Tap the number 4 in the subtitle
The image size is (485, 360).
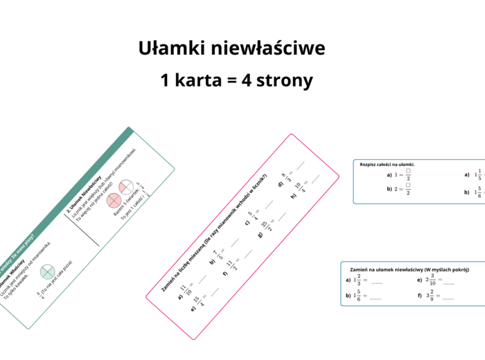pyautogui.click(x=247, y=80)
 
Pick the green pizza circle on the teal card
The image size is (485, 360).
pyautogui.click(x=47, y=271)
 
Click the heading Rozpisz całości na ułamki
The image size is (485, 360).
pyautogui.click(x=392, y=164)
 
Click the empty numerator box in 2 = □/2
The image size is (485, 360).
pyautogui.click(x=409, y=185)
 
